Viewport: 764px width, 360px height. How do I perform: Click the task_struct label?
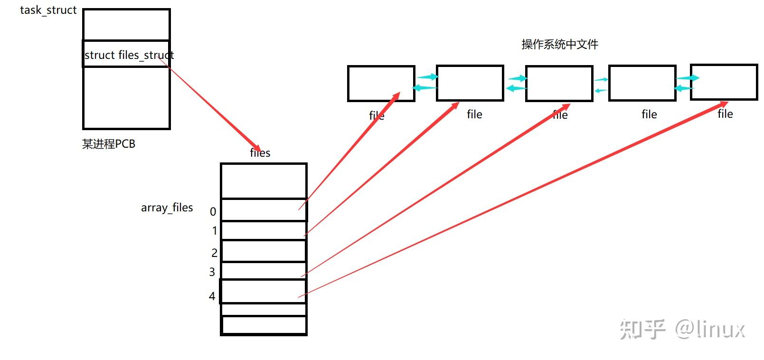click(x=48, y=10)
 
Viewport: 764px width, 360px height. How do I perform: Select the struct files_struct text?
click(x=129, y=55)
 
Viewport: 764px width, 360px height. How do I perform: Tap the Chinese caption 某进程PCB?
click(x=109, y=143)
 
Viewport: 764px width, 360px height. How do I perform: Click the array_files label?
click(x=167, y=208)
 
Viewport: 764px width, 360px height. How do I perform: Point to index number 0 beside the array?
click(x=213, y=211)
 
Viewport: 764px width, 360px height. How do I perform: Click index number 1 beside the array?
click(x=215, y=231)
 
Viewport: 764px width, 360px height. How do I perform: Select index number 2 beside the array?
click(x=214, y=253)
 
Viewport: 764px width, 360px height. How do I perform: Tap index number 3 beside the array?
click(x=212, y=272)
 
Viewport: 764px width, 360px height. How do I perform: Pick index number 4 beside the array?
click(x=212, y=296)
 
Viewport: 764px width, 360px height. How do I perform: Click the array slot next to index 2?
click(x=264, y=251)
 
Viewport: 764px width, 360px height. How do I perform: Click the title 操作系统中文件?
click(x=559, y=44)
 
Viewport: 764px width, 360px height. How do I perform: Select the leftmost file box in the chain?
click(x=381, y=83)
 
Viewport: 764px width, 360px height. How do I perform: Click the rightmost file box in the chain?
click(x=723, y=82)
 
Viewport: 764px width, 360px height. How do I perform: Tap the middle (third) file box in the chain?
click(x=559, y=83)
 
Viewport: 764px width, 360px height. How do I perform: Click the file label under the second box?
click(x=474, y=114)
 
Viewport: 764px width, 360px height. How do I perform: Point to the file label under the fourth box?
click(x=649, y=114)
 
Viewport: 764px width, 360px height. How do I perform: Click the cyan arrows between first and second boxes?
click(x=425, y=82)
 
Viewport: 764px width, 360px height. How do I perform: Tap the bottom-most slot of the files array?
click(x=264, y=325)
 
